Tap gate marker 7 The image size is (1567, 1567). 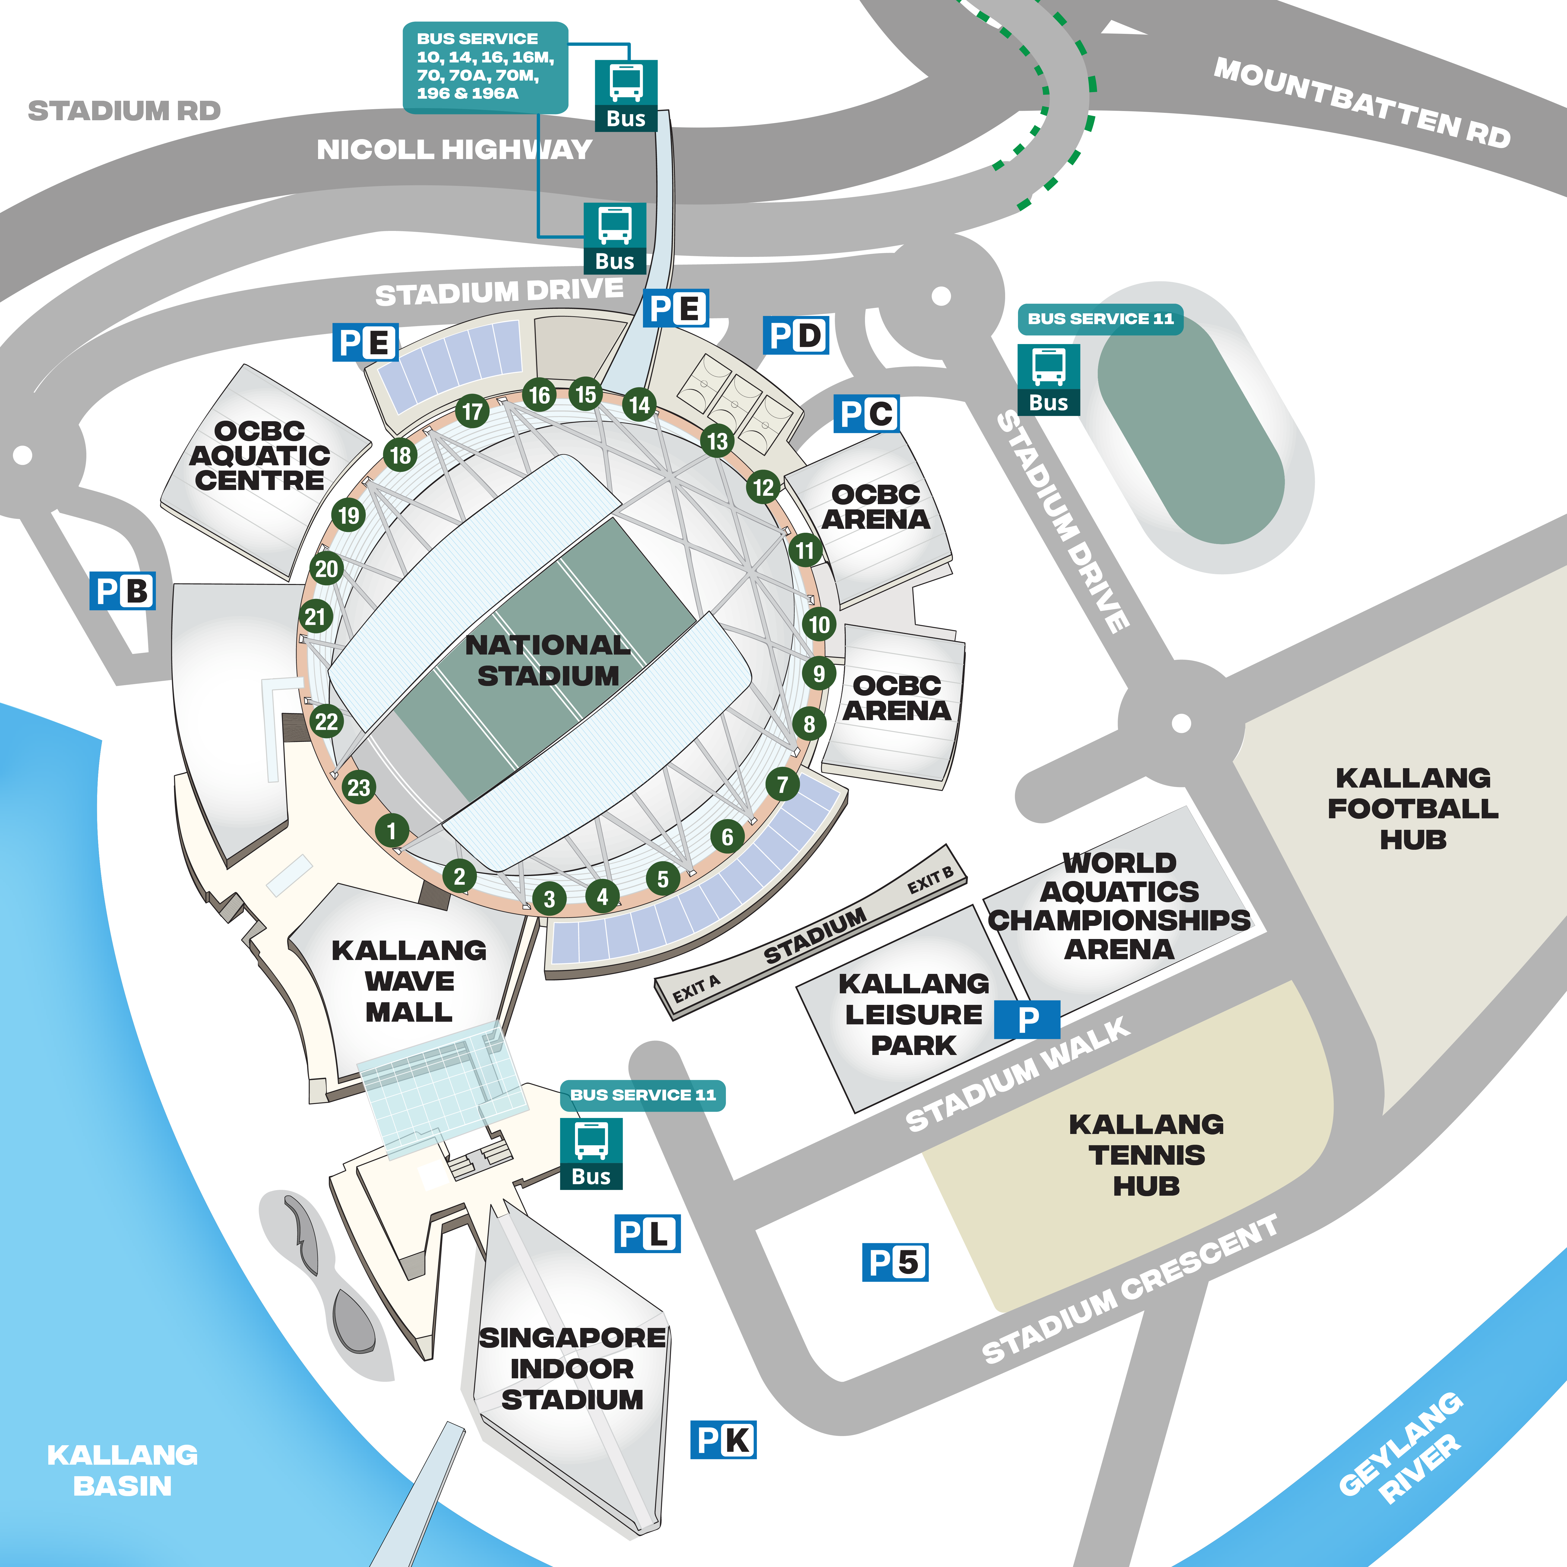click(782, 784)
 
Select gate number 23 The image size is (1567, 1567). click(358, 787)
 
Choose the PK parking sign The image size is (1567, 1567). click(723, 1440)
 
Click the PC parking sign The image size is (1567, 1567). click(866, 414)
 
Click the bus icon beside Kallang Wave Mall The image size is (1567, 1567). click(591, 1153)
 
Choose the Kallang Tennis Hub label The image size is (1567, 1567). click(1146, 1155)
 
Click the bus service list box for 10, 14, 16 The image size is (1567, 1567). click(485, 66)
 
